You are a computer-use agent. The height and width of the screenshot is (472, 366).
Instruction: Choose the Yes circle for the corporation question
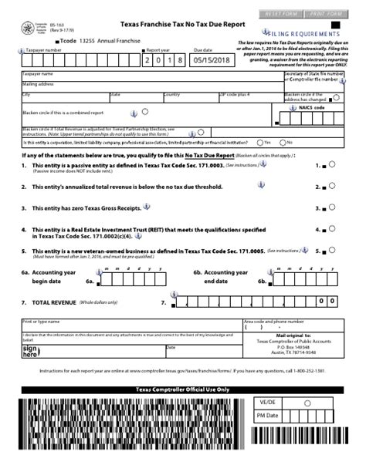click(259, 142)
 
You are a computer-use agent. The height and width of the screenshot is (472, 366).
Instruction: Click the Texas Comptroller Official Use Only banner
click(182, 389)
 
